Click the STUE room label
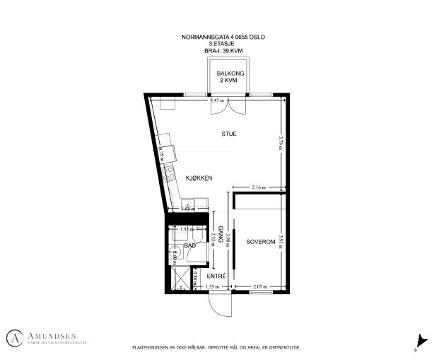point(228,134)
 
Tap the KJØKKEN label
point(199,178)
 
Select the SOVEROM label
point(259,242)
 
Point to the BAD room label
point(189,246)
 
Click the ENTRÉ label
point(216,275)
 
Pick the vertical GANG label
point(221,235)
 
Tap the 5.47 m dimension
point(217,101)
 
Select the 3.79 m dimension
point(281,142)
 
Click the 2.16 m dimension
point(259,187)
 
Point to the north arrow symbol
point(422,341)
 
